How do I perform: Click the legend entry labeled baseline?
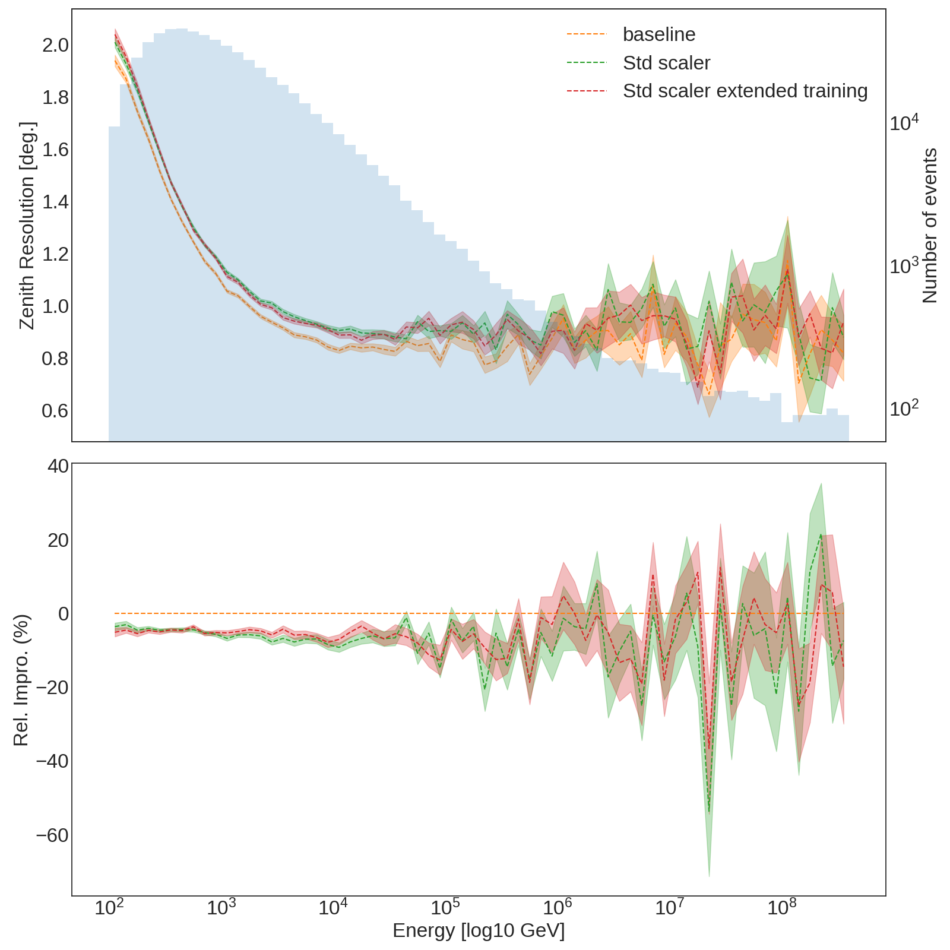[658, 34]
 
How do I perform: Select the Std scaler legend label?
[666, 63]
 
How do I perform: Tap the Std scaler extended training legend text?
[745, 91]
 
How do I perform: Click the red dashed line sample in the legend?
[587, 91]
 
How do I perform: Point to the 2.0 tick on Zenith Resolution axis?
[55, 45]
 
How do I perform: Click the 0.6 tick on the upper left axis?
[55, 411]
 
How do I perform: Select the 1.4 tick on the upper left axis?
[55, 202]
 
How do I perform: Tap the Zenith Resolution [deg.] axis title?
[27, 226]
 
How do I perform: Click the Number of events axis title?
[930, 226]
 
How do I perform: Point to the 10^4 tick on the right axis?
[904, 122]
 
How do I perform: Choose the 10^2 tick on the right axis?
[904, 408]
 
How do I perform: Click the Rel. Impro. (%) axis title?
[21, 680]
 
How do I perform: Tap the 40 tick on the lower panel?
[58, 466]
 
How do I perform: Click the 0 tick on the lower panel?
[63, 613]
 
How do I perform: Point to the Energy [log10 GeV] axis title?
[479, 930]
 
